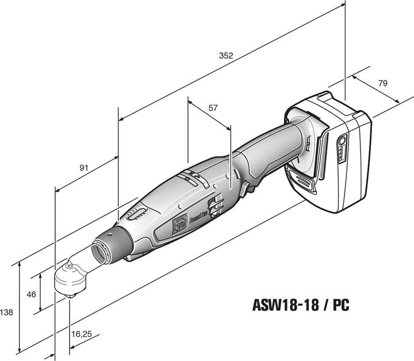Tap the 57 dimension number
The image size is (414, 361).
213,108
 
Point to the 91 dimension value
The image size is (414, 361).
84,168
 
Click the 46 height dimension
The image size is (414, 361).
32,294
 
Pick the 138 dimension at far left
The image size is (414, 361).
7,312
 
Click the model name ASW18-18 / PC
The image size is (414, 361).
301,304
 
